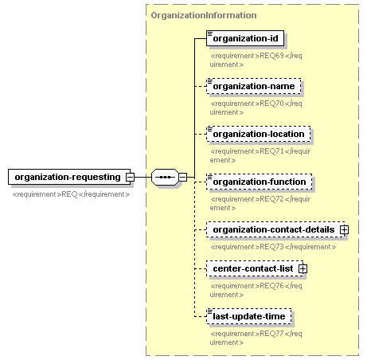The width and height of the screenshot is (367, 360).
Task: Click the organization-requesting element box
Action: point(69,177)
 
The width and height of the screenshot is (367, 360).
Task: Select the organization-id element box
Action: point(245,38)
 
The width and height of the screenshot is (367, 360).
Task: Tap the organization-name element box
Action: point(254,86)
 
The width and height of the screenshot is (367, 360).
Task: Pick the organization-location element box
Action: point(259,134)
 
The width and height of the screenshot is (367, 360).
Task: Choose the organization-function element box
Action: point(260,182)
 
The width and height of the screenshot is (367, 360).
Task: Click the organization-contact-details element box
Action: point(275,229)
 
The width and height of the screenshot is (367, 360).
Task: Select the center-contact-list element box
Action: point(255,268)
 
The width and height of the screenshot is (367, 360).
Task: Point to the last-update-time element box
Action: point(249,316)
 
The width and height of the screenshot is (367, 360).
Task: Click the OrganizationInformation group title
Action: point(204,15)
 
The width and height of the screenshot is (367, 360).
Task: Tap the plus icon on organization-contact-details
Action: point(344,230)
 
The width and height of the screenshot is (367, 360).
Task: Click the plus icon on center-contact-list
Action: point(303,269)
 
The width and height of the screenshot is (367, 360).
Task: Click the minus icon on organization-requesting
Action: point(130,177)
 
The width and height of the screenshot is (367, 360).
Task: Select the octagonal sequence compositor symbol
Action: point(165,177)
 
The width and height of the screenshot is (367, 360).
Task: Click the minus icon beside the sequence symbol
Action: point(182,177)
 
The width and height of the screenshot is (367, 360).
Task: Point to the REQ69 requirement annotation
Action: point(256,60)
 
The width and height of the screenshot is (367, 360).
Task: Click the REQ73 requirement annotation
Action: point(273,247)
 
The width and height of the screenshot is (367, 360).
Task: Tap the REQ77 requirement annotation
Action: point(256,338)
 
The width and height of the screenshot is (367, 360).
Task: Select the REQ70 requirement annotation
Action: point(256,108)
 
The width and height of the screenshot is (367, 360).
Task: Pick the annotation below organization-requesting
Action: point(71,194)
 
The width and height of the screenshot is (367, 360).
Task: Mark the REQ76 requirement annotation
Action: point(256,290)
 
